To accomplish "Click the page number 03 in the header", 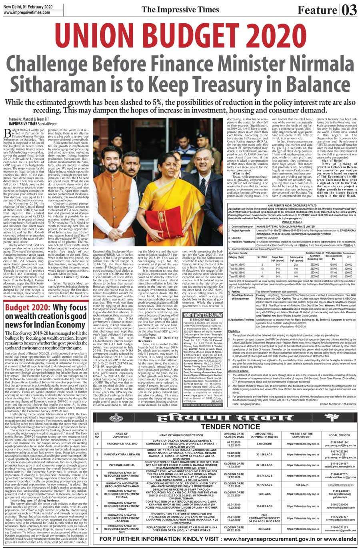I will pos(348,9).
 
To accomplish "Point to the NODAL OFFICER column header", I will pos(339,435).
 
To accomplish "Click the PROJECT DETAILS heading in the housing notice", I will pos(292,222).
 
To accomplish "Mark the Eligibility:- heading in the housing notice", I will pos(234,331).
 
